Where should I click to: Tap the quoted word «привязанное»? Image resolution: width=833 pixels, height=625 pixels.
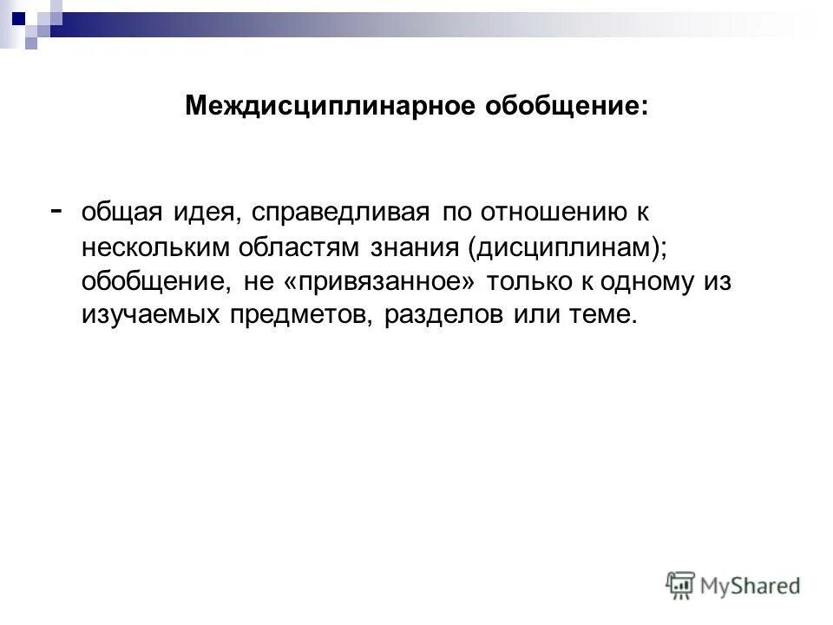384,282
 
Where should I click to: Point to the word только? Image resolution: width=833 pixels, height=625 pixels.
533,282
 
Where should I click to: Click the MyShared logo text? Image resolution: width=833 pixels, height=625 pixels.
751,586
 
